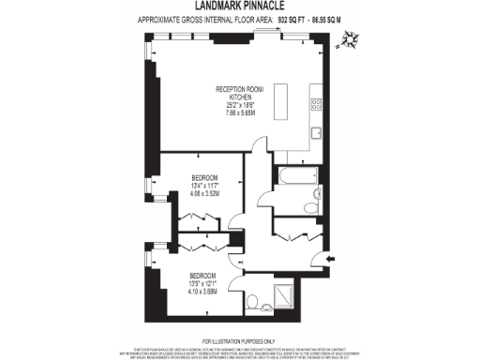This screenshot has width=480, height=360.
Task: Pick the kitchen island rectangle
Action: [278, 101]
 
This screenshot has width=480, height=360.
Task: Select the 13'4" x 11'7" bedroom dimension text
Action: [205, 186]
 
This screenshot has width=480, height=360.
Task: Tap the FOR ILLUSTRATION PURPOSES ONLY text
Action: [239, 339]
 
